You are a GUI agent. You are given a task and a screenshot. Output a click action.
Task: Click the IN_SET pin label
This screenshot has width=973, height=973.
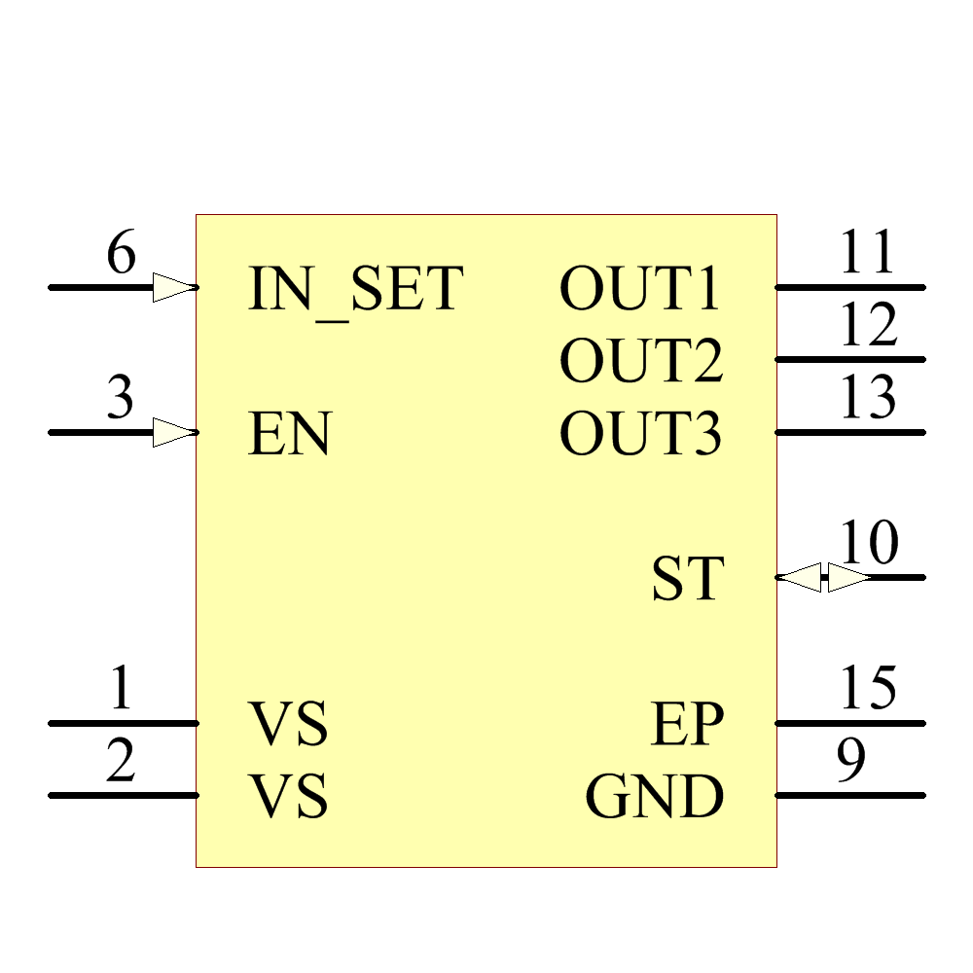(x=355, y=289)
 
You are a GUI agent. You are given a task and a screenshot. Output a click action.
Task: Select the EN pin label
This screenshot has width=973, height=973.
(x=290, y=434)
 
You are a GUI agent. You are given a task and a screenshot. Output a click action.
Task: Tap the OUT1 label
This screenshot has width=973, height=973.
(x=640, y=289)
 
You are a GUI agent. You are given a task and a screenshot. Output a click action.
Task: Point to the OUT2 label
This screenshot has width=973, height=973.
(x=641, y=361)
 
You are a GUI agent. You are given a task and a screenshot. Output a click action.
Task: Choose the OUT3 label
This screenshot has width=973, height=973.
(x=641, y=434)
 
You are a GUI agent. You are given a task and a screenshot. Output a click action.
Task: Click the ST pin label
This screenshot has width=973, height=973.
(x=688, y=579)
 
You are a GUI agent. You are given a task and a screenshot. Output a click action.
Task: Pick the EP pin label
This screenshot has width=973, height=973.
(x=688, y=724)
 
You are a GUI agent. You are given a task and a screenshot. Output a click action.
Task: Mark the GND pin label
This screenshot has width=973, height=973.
(x=655, y=797)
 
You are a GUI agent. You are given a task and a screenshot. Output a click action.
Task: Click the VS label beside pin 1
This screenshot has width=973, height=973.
(x=289, y=724)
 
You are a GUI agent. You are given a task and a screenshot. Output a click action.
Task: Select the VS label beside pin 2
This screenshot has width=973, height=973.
(x=289, y=797)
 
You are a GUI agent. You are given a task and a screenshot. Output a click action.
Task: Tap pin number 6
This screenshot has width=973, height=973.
(x=121, y=255)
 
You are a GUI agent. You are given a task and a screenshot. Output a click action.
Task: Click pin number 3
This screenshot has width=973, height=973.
(x=120, y=399)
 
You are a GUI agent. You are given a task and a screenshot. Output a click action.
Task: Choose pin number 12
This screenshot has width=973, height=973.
(x=868, y=326)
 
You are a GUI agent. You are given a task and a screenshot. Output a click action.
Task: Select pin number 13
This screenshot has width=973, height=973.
(x=868, y=398)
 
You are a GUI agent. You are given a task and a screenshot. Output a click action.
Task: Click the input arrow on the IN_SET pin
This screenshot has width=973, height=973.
(x=174, y=287)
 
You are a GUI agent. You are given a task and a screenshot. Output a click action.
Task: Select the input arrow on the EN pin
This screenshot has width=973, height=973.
(x=174, y=432)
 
